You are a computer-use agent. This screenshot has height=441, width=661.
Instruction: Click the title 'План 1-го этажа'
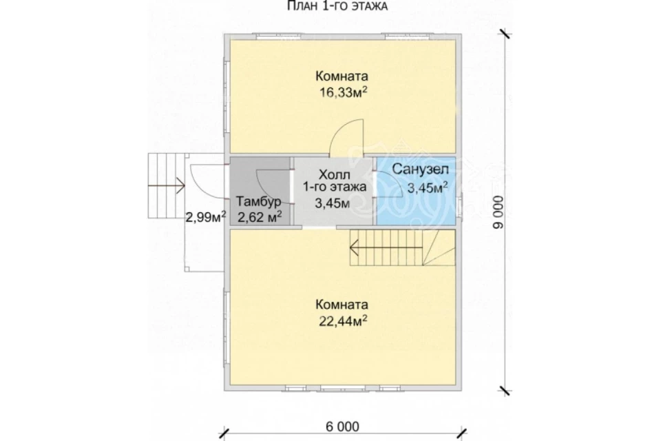point(337,6)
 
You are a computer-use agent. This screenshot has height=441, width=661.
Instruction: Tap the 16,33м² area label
point(343,92)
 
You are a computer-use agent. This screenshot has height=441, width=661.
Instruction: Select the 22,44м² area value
point(343,321)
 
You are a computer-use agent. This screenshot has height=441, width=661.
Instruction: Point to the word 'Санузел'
point(420,170)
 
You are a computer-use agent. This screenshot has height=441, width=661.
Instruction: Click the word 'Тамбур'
point(258,201)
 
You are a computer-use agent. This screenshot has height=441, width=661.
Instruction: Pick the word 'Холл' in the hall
point(335,174)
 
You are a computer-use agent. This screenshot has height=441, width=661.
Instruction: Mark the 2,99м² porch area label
point(206,217)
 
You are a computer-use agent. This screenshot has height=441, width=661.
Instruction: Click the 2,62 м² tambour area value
point(260,217)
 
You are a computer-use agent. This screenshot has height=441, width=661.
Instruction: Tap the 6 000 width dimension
point(342,427)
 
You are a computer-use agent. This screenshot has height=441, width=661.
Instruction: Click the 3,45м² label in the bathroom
point(427,188)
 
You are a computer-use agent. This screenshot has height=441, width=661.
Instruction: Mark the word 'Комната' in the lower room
point(342,305)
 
